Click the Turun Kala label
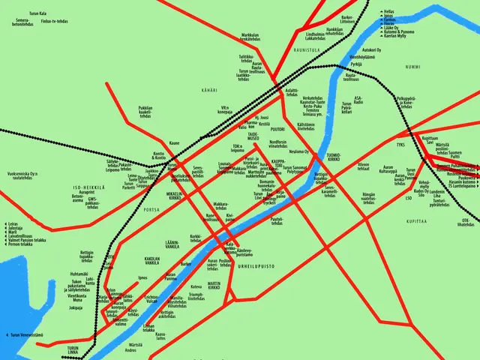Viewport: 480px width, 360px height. tap(37, 13)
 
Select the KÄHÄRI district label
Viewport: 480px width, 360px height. tap(209, 90)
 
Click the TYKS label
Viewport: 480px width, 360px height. tap(400, 144)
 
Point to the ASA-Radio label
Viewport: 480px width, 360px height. tap(358, 100)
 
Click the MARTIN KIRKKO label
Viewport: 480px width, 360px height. tap(214, 285)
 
